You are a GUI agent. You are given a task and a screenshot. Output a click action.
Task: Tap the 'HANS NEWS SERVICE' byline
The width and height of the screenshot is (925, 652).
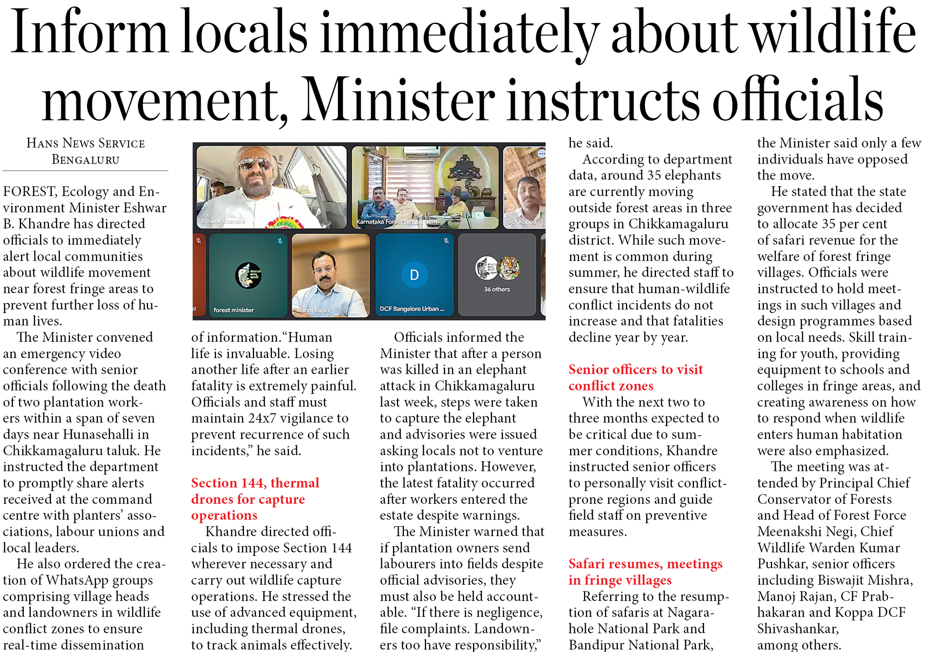tap(85, 143)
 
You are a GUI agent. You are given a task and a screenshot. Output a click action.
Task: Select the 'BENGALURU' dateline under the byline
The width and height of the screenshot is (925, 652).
tap(85, 160)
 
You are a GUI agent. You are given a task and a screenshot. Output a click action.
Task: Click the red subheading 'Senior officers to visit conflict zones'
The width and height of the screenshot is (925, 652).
tap(635, 377)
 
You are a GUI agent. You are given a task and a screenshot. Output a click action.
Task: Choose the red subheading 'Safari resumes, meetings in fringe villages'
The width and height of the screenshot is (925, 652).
tap(645, 572)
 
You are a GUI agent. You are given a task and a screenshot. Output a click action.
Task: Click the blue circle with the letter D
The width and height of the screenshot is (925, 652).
tap(414, 275)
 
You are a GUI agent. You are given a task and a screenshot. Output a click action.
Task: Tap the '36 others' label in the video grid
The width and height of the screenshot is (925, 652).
tap(496, 290)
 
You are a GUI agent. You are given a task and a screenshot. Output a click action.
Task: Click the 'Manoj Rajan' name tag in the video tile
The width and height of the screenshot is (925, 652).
tap(312, 310)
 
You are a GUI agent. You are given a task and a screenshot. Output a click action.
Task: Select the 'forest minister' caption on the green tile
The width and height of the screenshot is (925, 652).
tap(233, 310)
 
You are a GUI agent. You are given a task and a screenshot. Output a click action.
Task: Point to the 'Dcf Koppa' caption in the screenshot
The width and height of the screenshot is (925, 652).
tap(522, 222)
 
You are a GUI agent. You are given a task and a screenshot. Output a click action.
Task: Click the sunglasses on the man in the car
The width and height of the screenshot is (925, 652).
tap(255, 164)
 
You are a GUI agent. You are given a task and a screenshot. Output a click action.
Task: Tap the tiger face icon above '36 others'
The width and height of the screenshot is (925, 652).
tap(509, 268)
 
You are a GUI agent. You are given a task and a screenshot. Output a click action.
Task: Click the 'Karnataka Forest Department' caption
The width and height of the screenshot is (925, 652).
tap(397, 222)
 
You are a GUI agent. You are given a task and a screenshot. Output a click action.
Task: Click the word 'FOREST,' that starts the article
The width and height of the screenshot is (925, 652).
tap(30, 192)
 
